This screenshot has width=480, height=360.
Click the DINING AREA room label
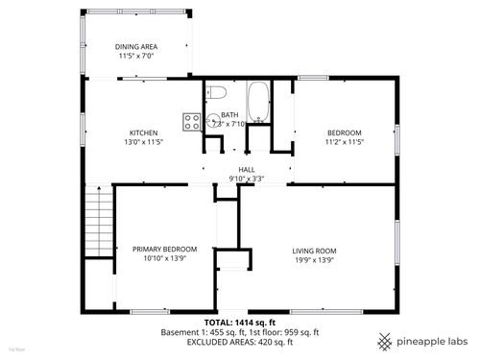[x=137, y=46]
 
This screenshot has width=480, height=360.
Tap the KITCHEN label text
[x=144, y=132]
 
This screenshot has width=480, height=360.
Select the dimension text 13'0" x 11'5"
[x=144, y=142]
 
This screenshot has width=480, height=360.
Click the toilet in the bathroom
[x=215, y=94]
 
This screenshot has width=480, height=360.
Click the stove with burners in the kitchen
[x=192, y=122]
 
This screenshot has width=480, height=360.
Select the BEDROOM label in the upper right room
[x=344, y=132]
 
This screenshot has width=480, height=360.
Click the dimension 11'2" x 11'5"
[x=344, y=142]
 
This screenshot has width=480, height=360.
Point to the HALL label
[x=247, y=169]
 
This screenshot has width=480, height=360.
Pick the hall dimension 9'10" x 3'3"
[x=247, y=179]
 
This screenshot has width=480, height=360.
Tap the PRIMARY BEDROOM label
[x=164, y=249]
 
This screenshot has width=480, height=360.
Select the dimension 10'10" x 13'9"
[x=164, y=258]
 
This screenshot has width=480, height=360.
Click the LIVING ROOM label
[x=314, y=251]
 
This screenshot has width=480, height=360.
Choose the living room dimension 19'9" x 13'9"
[x=314, y=259]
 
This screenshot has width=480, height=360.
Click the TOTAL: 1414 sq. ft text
[x=240, y=322]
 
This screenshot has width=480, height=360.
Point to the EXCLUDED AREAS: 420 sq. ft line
[x=240, y=342]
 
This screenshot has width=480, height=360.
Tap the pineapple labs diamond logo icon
[x=383, y=341]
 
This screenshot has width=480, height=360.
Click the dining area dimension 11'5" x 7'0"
[x=137, y=56]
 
